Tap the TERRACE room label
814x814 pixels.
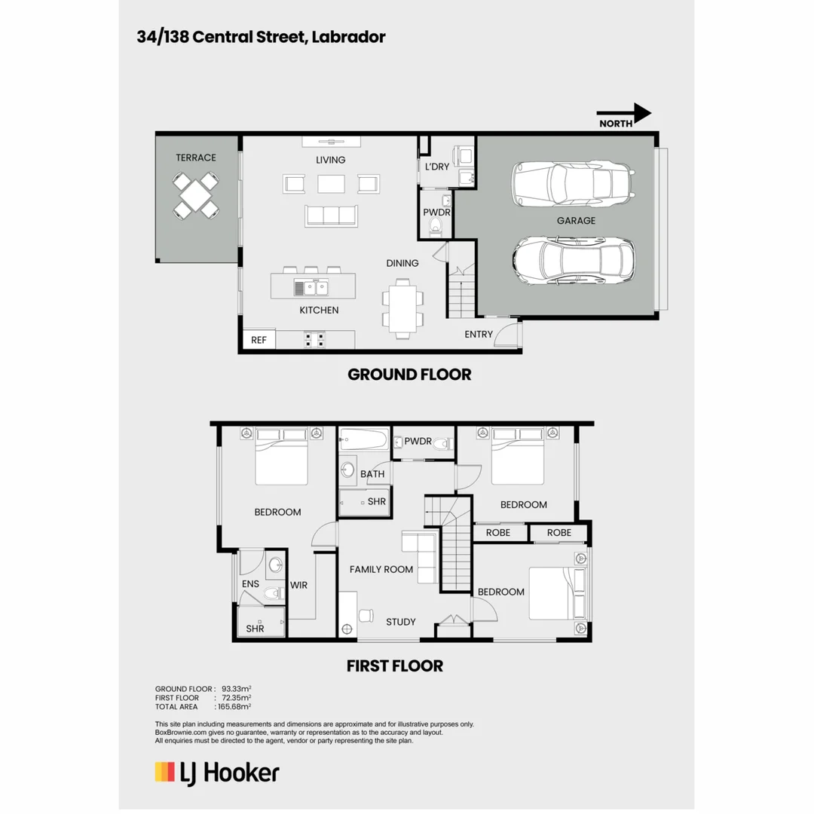[x=196, y=158]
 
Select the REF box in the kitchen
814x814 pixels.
[x=259, y=340]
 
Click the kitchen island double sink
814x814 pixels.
[x=312, y=286]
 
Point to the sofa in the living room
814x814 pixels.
[x=330, y=216]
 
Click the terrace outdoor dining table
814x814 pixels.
[x=196, y=195]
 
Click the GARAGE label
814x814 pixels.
[x=576, y=221]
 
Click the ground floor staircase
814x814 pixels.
[x=461, y=292]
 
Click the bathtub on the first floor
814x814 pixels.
[x=364, y=439]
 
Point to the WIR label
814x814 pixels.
[x=298, y=585]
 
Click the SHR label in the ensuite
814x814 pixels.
[x=255, y=628]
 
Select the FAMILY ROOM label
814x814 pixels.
[x=381, y=569]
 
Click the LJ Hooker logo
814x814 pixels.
[x=217, y=773]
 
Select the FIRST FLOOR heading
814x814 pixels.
[x=394, y=666]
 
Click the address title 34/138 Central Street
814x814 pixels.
[x=261, y=37]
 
